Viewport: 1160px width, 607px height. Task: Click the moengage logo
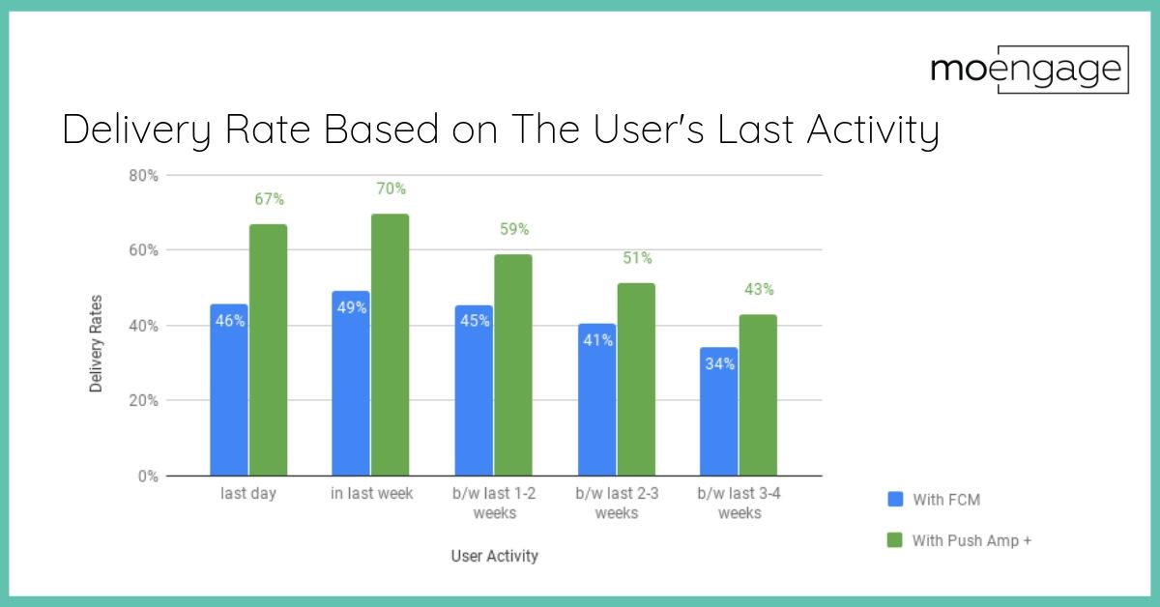[1029, 70]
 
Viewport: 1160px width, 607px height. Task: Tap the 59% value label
[513, 230]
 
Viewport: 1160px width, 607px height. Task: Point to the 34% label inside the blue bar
[719, 364]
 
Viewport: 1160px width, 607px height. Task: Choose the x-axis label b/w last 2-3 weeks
[616, 503]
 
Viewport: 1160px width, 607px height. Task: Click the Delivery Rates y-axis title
[96, 343]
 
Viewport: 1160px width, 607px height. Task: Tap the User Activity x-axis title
[494, 556]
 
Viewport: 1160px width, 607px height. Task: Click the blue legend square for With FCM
[894, 500]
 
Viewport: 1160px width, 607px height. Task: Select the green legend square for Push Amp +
[894, 540]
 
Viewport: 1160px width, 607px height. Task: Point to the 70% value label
[391, 188]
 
